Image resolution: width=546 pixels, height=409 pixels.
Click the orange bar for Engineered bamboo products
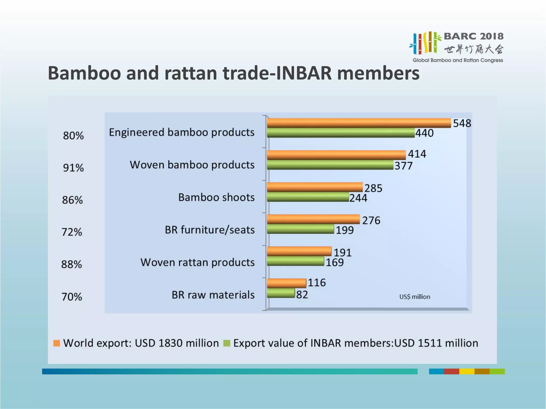(x=359, y=123)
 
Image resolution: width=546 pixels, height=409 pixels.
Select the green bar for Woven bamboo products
(x=330, y=165)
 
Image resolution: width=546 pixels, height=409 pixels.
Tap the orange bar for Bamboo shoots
(x=315, y=187)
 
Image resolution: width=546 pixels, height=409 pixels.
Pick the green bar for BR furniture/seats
(x=300, y=229)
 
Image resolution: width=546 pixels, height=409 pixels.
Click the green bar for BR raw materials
(x=281, y=293)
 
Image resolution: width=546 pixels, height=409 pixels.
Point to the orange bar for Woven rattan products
(x=299, y=251)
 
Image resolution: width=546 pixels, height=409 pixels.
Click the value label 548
(x=462, y=123)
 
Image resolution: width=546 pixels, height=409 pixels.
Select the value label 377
(x=403, y=166)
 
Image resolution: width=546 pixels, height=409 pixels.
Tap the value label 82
(x=302, y=295)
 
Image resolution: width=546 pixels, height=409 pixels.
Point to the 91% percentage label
(x=73, y=168)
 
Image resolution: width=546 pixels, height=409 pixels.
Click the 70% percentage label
(x=72, y=297)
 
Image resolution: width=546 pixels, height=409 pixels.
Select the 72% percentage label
(x=72, y=232)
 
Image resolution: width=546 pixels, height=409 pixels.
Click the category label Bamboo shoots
(x=216, y=198)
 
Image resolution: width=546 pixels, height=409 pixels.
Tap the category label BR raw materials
(x=213, y=295)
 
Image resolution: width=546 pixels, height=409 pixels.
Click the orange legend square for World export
(x=57, y=343)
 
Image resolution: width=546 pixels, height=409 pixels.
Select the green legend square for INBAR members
(x=227, y=343)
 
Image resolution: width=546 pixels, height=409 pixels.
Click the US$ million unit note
(x=415, y=297)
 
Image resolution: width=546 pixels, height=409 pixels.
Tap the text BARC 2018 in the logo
(x=473, y=36)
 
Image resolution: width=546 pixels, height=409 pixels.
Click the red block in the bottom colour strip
(x=451, y=371)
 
